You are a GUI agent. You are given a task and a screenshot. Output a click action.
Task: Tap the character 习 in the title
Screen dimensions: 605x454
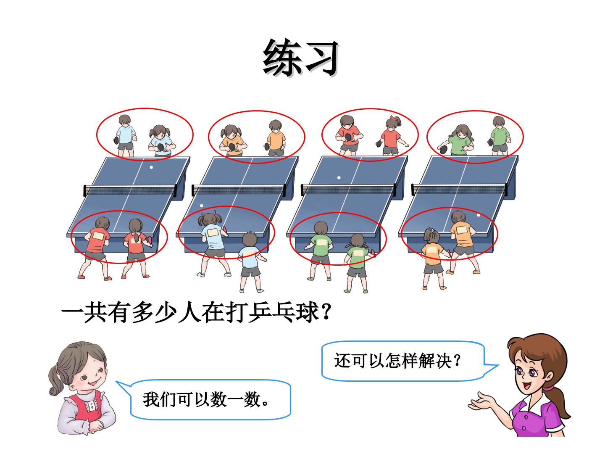click(320, 58)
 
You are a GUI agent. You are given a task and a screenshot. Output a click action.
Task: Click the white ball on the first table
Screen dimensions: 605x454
click(151, 167)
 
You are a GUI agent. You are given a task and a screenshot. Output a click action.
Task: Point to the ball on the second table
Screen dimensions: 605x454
click(202, 206)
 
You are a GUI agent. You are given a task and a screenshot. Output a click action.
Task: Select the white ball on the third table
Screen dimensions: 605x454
click(339, 178)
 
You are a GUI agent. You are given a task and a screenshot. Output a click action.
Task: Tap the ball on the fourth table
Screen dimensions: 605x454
click(479, 215)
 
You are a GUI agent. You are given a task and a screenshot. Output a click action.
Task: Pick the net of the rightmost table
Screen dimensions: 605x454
click(459, 189)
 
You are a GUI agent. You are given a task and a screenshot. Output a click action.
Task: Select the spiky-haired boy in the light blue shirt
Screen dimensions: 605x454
click(250, 262)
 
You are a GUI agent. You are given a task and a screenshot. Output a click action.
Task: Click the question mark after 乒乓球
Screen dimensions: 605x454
click(326, 312)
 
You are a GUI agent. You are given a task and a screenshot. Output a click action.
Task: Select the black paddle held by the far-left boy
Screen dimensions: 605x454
click(117, 140)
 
